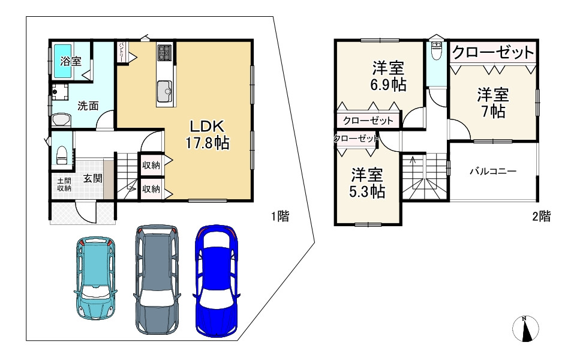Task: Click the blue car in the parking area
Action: point(216,281)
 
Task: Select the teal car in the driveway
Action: point(95,278)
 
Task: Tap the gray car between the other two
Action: point(157,280)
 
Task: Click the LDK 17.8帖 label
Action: point(207,134)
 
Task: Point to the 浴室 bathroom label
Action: point(71,61)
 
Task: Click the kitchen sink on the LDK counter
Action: point(164,92)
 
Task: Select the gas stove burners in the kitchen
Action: point(164,52)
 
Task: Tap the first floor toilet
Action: point(61,155)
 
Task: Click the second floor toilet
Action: point(437,51)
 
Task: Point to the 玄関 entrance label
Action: point(92,179)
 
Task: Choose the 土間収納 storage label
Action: point(64,184)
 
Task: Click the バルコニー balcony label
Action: point(493,171)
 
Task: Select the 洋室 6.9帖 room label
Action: point(388,76)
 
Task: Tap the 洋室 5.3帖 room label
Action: point(367,183)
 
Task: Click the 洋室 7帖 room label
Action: point(493,103)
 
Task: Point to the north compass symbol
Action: point(525,329)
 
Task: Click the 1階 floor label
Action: point(281,216)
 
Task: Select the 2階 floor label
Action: point(542,216)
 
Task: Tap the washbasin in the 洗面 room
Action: point(61,119)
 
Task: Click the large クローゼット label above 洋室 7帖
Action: point(493,52)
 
